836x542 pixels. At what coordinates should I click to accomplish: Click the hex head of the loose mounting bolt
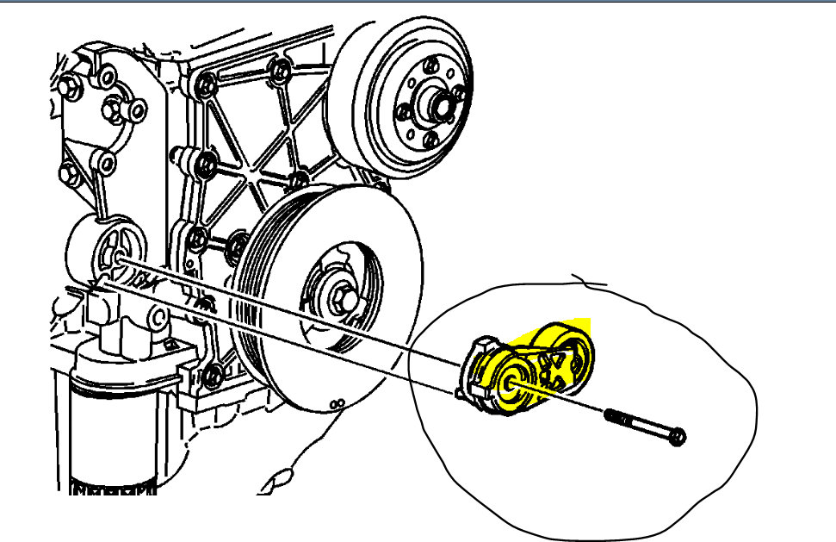click(x=678, y=437)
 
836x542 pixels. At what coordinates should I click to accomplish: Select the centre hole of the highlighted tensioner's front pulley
click(x=511, y=384)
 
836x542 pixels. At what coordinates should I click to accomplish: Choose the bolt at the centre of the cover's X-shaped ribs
click(x=296, y=179)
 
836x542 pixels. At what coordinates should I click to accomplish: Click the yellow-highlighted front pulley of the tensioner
click(x=515, y=386)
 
